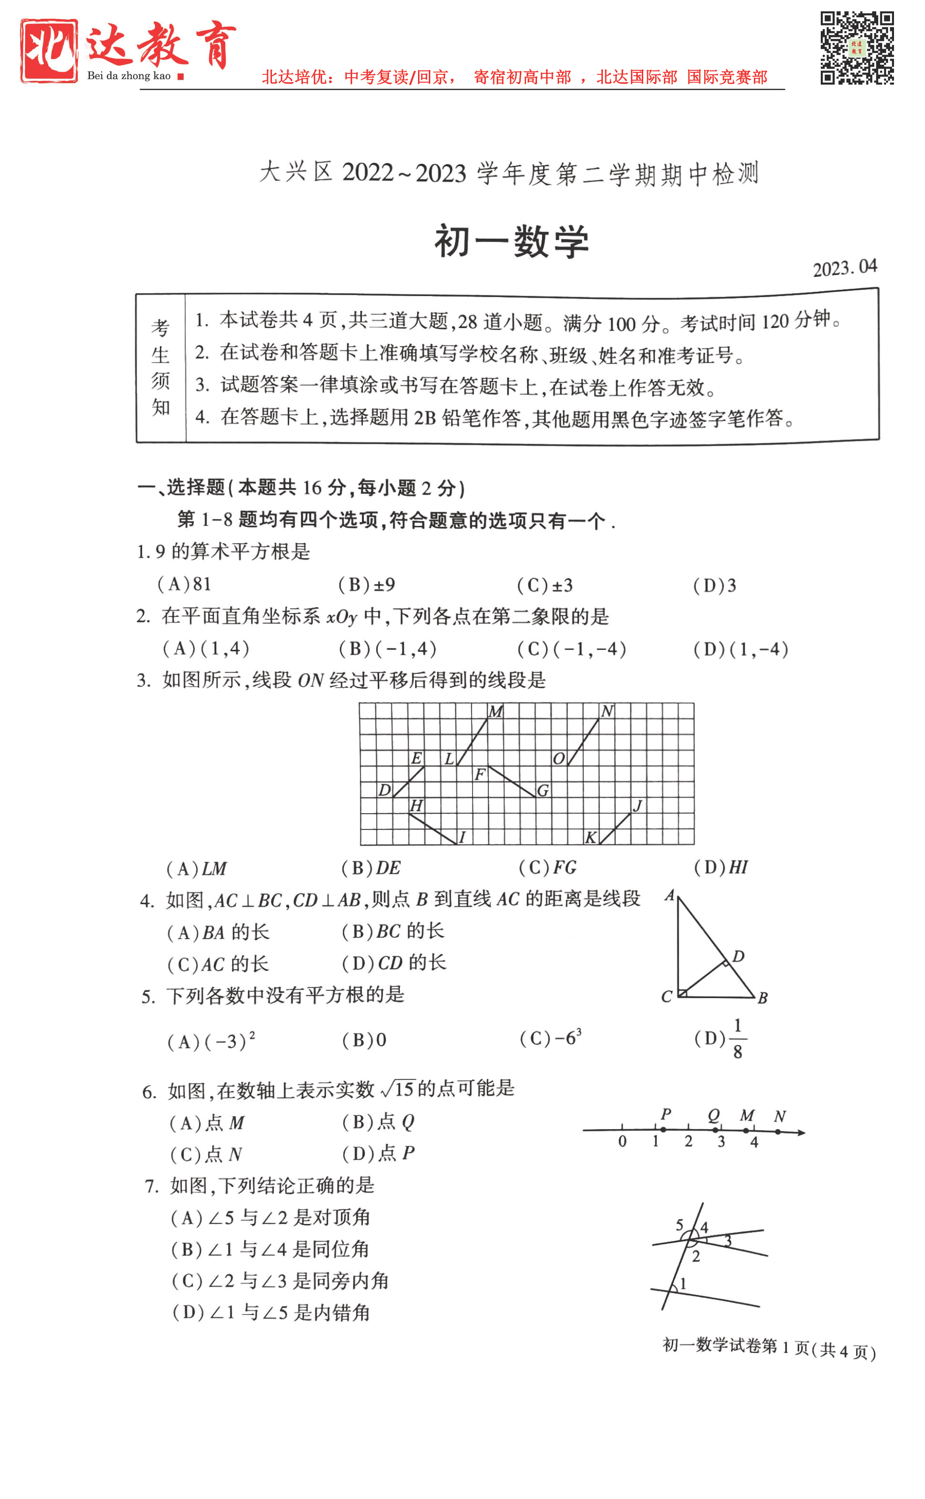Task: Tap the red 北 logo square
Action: tap(49, 51)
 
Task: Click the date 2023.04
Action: tap(844, 267)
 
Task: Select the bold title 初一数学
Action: tap(511, 241)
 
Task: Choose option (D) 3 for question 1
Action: tap(715, 585)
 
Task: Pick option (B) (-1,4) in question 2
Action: tap(388, 648)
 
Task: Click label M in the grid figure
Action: tap(496, 711)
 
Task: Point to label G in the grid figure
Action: tap(542, 791)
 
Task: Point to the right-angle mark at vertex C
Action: tap(683, 993)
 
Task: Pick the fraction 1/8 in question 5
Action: tap(737, 1039)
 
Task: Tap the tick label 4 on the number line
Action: tap(754, 1142)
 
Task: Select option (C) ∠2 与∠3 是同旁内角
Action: tap(280, 1281)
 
